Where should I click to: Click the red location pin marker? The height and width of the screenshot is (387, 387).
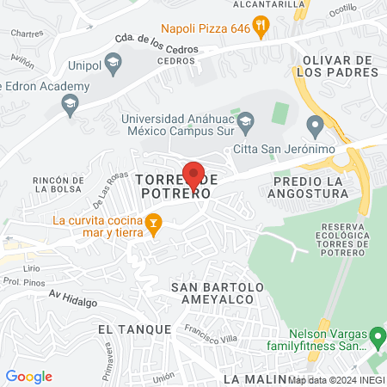coord(193,175)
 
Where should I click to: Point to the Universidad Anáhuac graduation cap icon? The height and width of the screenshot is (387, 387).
coord(246,120)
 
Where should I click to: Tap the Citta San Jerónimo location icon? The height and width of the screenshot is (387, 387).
coord(315,128)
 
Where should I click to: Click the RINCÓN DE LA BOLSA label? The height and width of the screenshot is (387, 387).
coord(57,184)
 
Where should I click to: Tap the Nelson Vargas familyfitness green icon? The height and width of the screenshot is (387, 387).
coord(377,334)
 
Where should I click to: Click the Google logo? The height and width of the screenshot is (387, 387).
coord(28,376)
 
